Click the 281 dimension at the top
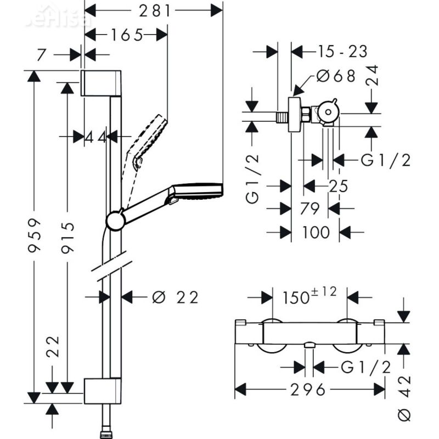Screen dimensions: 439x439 pos(154,10)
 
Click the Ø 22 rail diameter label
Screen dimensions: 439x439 pos(174,297)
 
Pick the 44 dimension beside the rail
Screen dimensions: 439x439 pos(95,137)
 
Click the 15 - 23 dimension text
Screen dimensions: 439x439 pos(342,52)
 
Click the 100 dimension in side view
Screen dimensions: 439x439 pos(316,232)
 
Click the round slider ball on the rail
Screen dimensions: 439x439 pos(115,220)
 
